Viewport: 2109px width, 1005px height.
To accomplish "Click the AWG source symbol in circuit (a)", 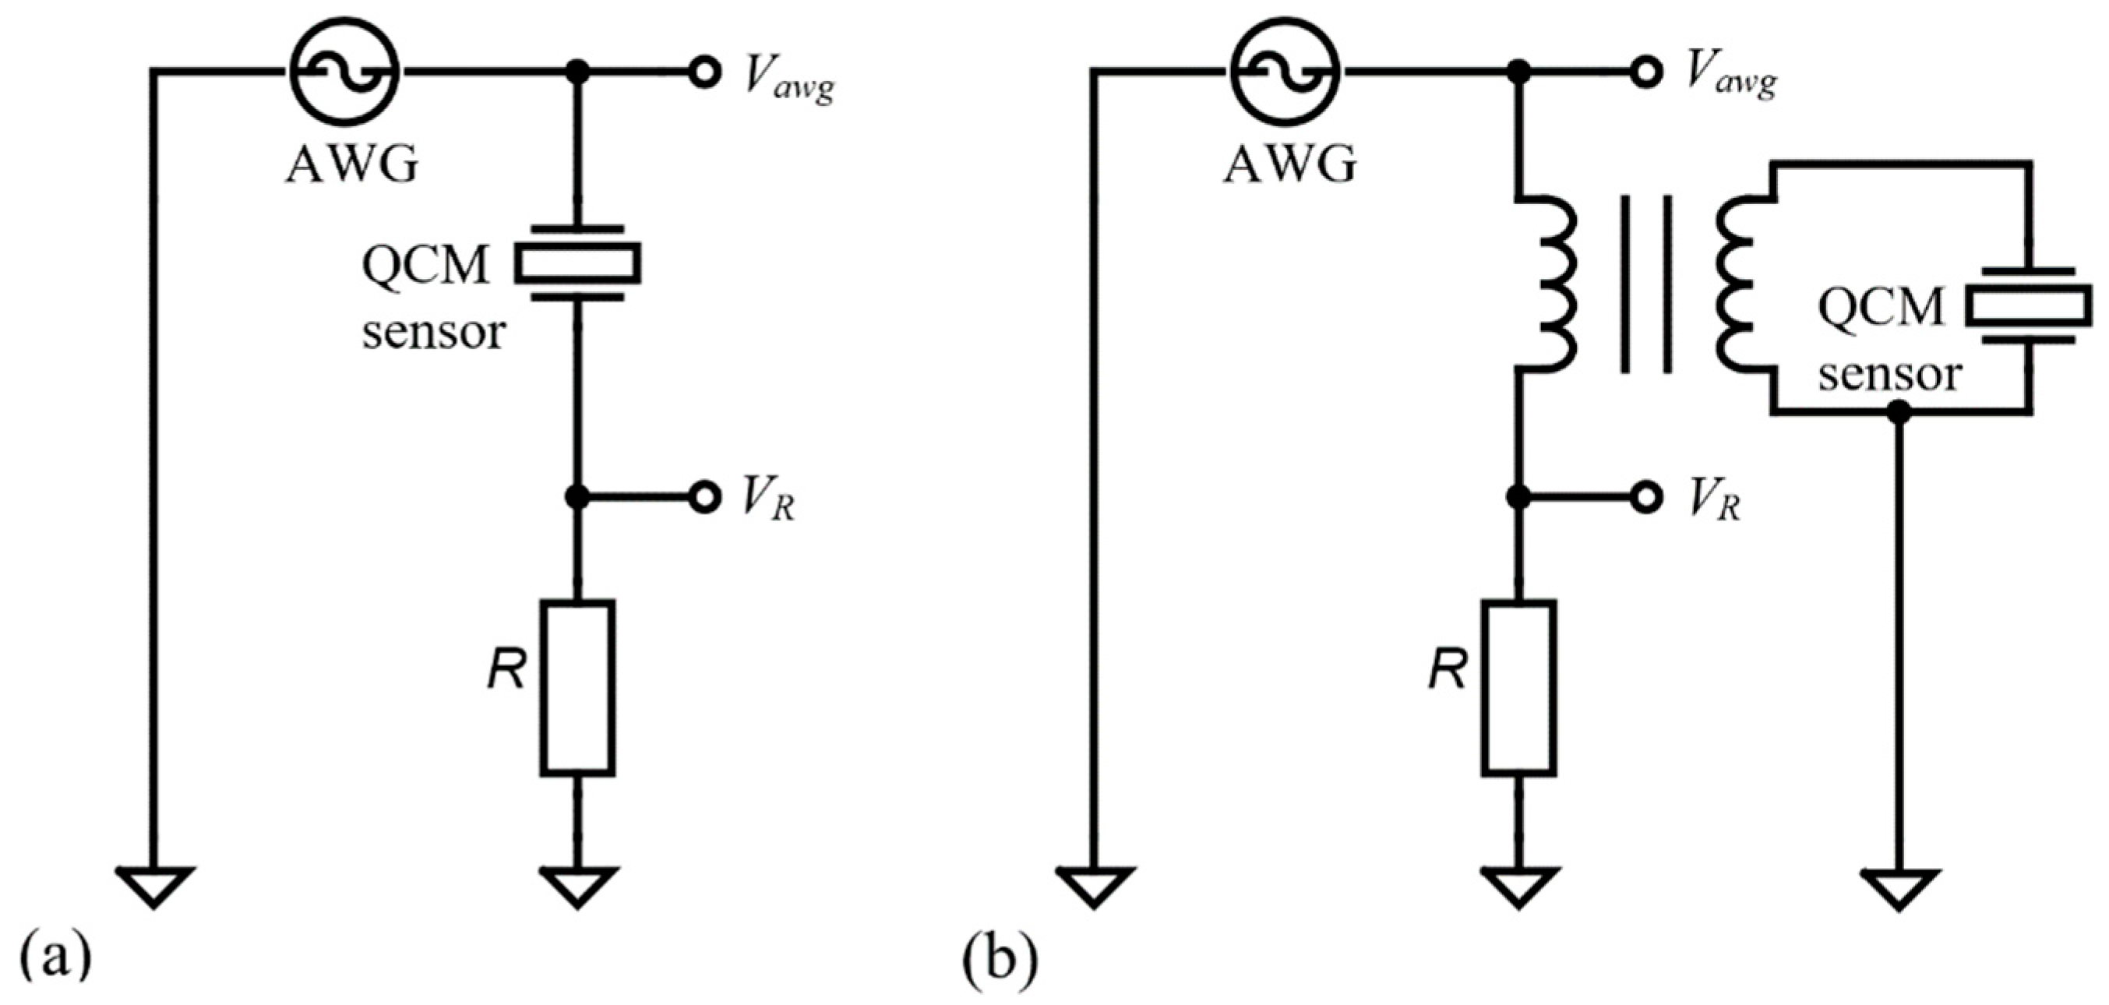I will pyautogui.click(x=344, y=72).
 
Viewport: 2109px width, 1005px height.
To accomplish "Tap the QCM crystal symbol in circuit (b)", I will pyautogui.click(x=2029, y=305).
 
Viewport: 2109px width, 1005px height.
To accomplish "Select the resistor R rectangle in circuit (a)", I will pyautogui.click(x=577, y=688).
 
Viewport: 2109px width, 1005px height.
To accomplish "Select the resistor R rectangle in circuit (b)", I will pyautogui.click(x=1518, y=688).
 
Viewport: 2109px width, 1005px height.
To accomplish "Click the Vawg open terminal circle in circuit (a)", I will pyautogui.click(x=704, y=72).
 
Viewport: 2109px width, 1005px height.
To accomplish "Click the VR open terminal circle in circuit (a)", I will pyautogui.click(x=704, y=497).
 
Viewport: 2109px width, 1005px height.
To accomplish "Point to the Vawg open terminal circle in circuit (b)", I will pyautogui.click(x=1645, y=72).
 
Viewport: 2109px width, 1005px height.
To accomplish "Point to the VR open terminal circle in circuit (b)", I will pyautogui.click(x=1645, y=497).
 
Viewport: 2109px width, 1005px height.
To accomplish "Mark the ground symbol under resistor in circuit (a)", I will pyautogui.click(x=577, y=887).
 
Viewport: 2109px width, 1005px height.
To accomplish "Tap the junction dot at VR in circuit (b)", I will pyautogui.click(x=1518, y=497).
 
